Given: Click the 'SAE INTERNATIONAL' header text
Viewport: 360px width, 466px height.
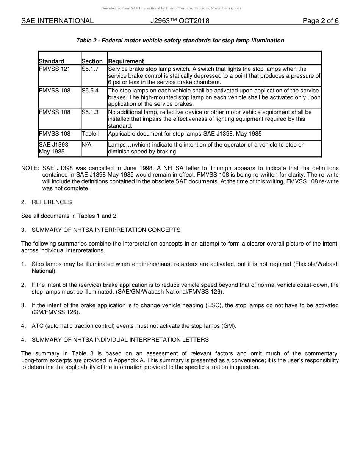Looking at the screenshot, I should (x=57, y=21).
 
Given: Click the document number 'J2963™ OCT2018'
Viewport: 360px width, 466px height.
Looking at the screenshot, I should (x=180, y=21).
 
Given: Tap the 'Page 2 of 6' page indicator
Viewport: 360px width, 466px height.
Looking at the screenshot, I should (x=320, y=21).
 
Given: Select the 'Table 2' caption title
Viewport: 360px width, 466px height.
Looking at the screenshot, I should (x=180, y=41).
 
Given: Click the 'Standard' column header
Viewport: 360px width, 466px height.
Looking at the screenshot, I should (x=52, y=61).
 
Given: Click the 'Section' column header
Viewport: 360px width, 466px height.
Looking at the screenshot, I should (x=92, y=61).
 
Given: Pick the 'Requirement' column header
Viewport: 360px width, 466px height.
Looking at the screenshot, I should (x=126, y=61).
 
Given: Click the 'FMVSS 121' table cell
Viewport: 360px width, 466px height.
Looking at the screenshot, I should (x=55, y=69).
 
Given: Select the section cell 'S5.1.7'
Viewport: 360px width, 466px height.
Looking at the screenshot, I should (x=90, y=69).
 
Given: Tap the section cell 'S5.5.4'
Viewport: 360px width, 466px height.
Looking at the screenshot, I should (x=90, y=91).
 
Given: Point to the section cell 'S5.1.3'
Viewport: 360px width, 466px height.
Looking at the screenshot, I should (x=90, y=112).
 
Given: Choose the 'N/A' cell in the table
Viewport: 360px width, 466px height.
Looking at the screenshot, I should (x=87, y=145).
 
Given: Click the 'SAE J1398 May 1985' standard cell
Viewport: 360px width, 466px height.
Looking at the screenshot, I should (x=53, y=148).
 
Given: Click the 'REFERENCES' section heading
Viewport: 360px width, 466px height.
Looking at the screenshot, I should (x=52, y=202).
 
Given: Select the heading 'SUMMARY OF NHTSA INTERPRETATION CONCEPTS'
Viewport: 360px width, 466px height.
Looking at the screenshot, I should (x=106, y=230).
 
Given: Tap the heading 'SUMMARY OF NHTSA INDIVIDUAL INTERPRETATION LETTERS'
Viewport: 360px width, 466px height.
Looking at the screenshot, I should (x=120, y=340).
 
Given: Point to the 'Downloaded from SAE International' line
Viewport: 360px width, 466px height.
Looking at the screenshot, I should (x=171, y=8).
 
